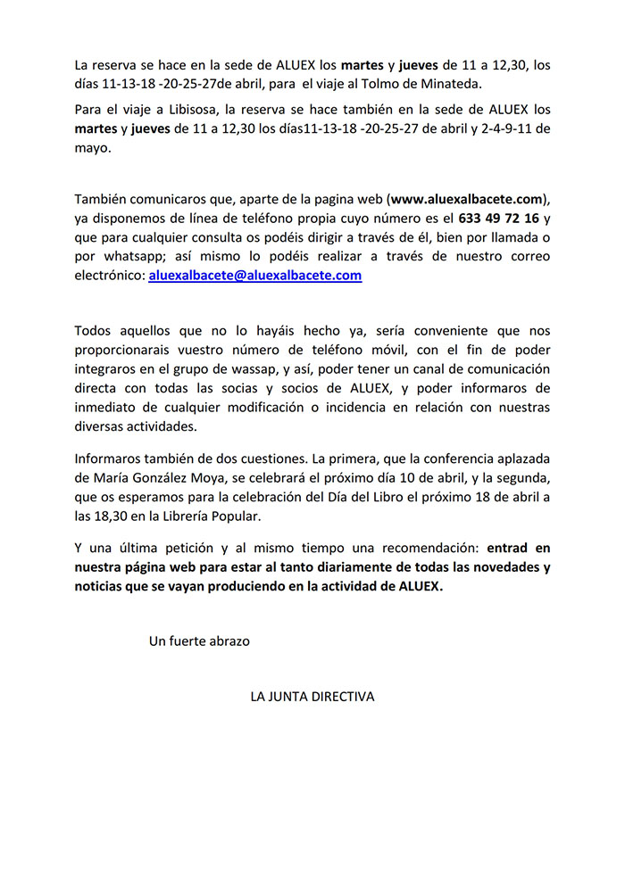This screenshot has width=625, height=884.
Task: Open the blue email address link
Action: [254, 276]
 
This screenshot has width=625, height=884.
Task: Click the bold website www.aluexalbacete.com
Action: [466, 197]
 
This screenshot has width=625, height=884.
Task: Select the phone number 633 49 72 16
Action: [498, 217]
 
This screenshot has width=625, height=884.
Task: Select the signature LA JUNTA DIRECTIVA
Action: [312, 696]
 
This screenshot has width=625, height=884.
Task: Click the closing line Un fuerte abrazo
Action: [199, 640]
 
